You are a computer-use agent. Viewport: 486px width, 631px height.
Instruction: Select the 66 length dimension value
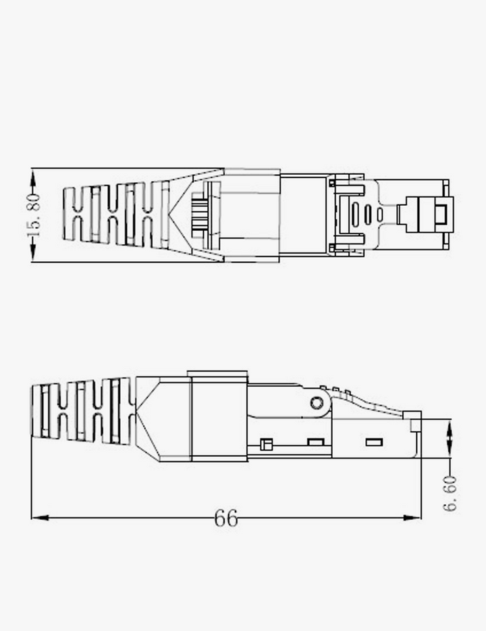[226, 518]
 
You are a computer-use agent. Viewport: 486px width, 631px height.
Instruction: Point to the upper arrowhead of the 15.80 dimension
[32, 177]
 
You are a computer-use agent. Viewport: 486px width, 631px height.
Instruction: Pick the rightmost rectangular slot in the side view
[373, 442]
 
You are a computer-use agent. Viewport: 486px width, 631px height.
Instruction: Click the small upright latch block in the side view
[265, 444]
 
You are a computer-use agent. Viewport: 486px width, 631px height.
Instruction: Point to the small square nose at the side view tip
[414, 422]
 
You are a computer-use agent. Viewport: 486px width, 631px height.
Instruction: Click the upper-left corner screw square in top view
[332, 182]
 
